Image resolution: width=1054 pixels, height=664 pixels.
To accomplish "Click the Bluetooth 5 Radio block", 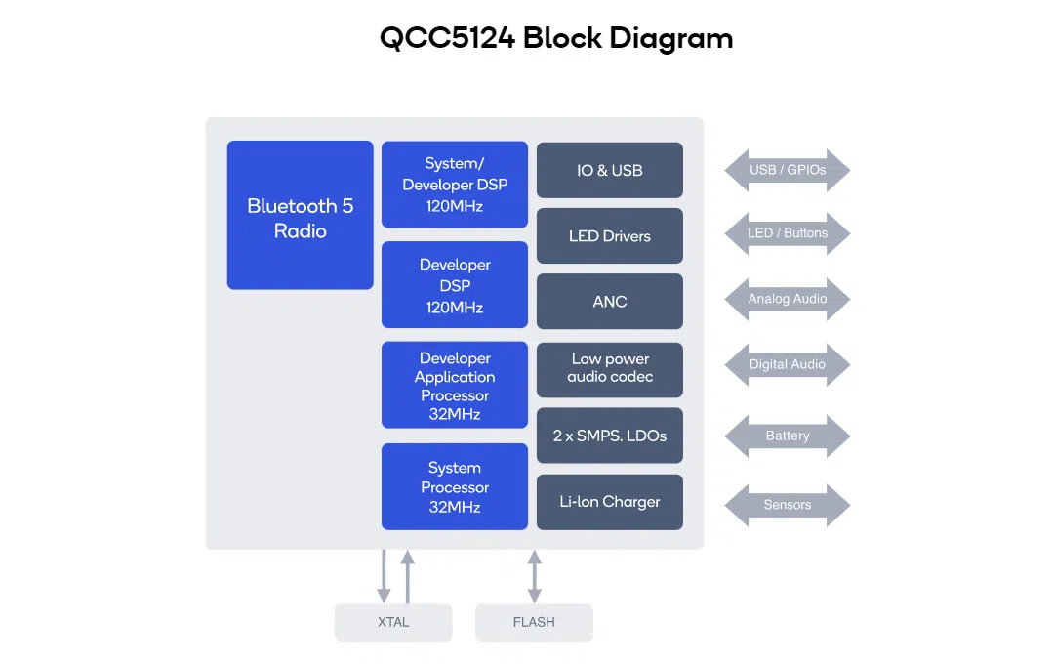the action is [300, 215].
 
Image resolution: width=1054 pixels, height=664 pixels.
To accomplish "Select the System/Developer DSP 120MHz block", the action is [455, 185].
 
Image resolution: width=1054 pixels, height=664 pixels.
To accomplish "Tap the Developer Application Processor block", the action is [455, 385].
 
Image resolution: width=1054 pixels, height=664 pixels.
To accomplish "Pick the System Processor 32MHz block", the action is [455, 486].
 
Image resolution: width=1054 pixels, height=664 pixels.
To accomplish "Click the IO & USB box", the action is [610, 170].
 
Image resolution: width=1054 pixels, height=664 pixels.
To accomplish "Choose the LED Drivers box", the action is [610, 235].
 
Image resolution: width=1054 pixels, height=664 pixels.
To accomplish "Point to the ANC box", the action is [610, 302].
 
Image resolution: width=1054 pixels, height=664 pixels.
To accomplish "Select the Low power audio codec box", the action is [610, 370].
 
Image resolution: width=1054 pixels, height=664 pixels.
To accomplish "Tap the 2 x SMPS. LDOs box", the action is [610, 436].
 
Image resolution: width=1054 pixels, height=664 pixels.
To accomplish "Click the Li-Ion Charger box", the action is [610, 502].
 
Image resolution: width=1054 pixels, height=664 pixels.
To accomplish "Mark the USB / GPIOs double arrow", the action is [788, 170].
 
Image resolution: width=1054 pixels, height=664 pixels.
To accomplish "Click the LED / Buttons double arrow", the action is [788, 233].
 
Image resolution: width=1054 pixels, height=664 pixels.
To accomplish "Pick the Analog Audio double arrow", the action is [788, 299].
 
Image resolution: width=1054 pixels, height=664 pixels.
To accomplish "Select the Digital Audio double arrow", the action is [788, 364].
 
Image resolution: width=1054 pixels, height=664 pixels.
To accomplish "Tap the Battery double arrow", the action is [788, 436].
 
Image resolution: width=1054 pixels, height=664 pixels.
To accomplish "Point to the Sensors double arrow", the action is [788, 505].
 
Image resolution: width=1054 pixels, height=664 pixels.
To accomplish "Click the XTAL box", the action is [393, 622].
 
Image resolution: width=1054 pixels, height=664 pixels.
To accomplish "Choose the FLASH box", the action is [534, 622].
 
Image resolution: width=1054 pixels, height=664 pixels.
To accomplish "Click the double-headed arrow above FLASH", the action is [535, 576].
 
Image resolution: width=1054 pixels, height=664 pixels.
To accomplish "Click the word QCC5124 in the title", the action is [447, 38].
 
